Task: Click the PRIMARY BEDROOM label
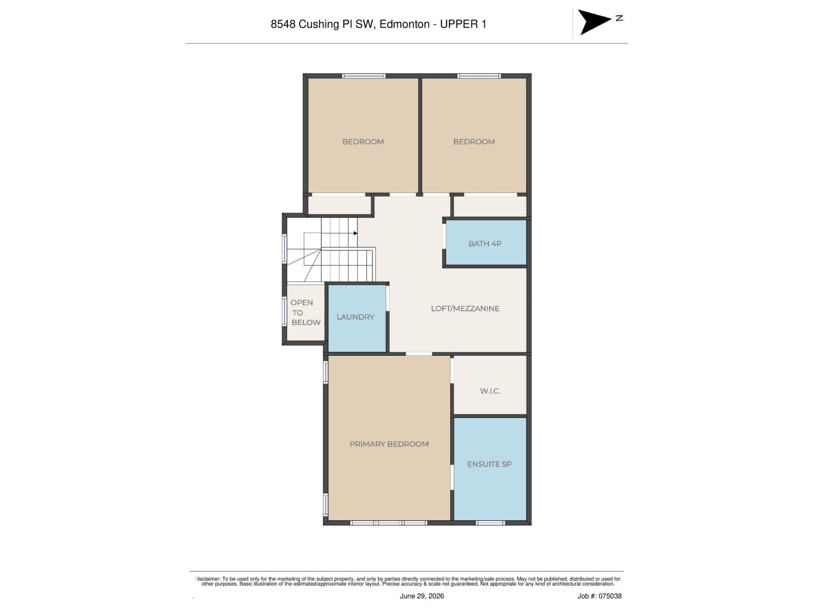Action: [x=389, y=444]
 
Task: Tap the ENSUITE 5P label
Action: [x=489, y=464]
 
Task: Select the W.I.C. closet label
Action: [x=490, y=391]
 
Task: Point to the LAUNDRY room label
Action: [x=355, y=317]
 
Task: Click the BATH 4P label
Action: [x=485, y=244]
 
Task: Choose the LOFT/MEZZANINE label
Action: [x=465, y=308]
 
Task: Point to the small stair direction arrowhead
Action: [x=355, y=233]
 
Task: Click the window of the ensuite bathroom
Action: [x=490, y=523]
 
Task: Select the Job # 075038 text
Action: [x=599, y=596]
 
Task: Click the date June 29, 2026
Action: [x=421, y=596]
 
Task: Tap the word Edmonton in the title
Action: [x=404, y=24]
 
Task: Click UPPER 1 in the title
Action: [x=463, y=24]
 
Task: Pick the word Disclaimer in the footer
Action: [x=208, y=579]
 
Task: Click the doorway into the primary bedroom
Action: [x=419, y=354]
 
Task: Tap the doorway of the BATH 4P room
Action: [x=444, y=236]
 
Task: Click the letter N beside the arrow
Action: [x=619, y=18]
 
